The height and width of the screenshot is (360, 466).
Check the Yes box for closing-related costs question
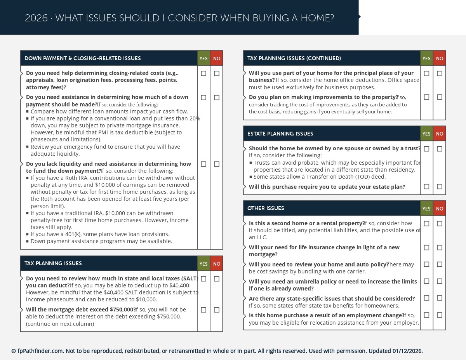coord(203,73)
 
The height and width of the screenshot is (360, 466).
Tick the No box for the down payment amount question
coord(217,97)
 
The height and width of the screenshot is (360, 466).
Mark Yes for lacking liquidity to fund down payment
coord(203,164)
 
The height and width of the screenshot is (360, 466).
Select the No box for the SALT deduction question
coord(217,279)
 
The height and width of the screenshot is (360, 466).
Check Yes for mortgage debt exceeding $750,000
coord(203,310)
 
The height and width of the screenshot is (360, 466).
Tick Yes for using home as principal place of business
coord(426,73)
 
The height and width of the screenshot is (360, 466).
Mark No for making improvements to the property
coord(440,97)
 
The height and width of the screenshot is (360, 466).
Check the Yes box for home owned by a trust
coord(426,149)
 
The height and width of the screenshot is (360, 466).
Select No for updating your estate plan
coord(440,187)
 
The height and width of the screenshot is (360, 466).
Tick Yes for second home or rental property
coord(426,224)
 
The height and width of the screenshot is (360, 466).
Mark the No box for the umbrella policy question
coord(440,281)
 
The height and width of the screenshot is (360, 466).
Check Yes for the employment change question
coord(426,315)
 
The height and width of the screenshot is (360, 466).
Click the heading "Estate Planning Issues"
coord(280,134)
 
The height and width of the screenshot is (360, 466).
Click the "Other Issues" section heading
coord(266,209)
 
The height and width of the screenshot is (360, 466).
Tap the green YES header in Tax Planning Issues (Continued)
coord(426,59)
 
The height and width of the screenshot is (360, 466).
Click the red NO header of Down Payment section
coord(217,59)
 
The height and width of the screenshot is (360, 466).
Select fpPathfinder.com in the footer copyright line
coord(40,351)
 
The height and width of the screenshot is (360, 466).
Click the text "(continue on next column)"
coord(60,324)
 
